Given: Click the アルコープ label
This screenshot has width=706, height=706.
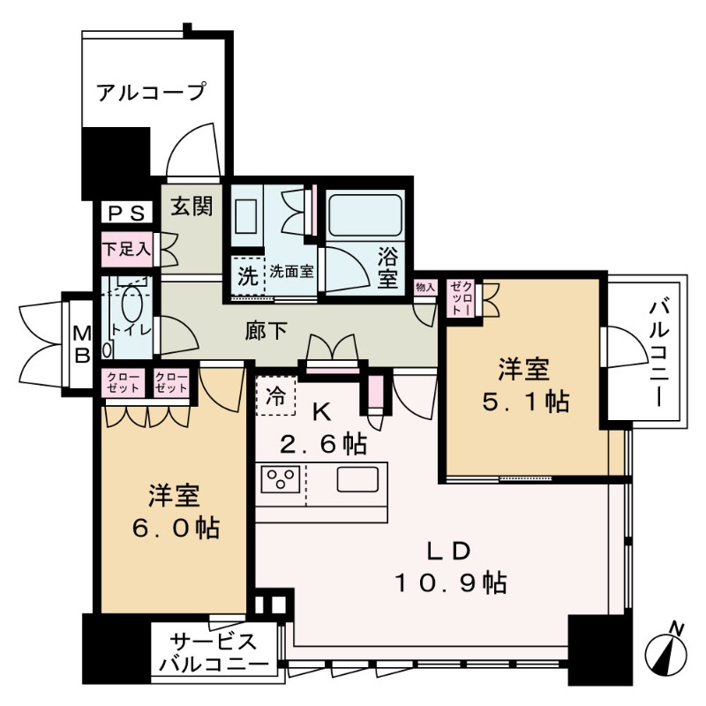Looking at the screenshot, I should click(150, 92).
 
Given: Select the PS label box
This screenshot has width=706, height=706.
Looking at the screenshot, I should click(125, 213).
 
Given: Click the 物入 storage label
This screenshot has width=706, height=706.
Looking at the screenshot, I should click(425, 288).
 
